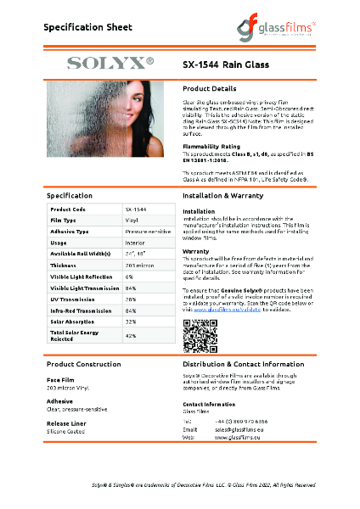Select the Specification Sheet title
87,27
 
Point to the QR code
195,337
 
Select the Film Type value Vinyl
132,219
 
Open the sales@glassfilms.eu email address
236,430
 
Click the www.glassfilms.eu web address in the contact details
233,438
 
